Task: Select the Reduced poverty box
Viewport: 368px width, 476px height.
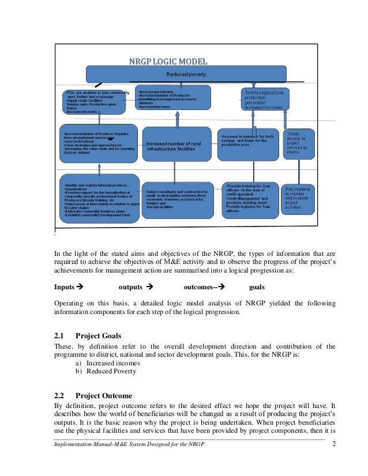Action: (x=186, y=74)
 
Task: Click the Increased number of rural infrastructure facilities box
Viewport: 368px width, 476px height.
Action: (x=177, y=145)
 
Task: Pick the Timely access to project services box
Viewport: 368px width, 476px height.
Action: (x=299, y=142)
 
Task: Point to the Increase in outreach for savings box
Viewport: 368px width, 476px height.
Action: (x=248, y=142)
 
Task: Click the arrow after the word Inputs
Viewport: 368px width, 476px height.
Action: (x=80, y=286)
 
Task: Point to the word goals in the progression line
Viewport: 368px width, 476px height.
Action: (x=257, y=286)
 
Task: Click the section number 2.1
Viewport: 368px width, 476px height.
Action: (x=59, y=336)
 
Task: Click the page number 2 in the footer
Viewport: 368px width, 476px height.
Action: (x=333, y=443)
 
